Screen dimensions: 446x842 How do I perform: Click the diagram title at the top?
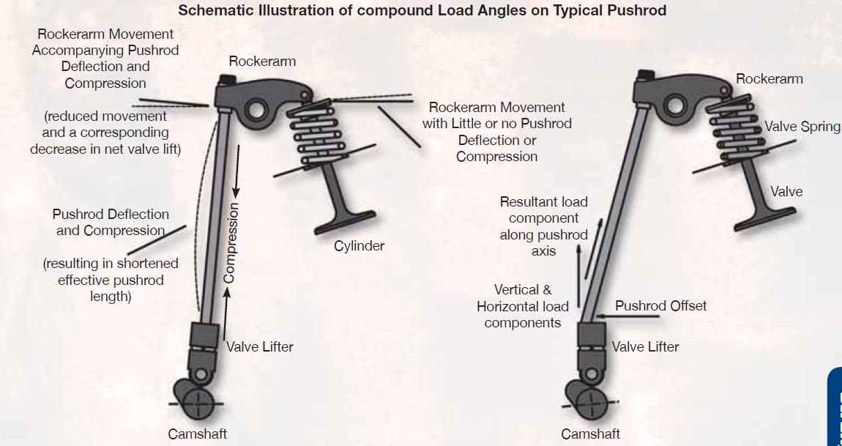coord(422,10)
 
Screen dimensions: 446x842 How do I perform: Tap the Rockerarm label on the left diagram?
coord(262,62)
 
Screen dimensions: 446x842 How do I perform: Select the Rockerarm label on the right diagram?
coord(769,78)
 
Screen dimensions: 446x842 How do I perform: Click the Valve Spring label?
coord(802,127)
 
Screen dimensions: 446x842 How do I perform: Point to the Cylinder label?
coord(359,246)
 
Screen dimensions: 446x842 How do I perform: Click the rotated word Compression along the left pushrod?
coord(229,242)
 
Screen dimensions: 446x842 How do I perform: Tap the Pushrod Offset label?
coord(660,306)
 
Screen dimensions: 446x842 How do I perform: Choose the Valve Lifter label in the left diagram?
coord(259,346)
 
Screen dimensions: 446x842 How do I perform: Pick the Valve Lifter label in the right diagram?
coord(645,346)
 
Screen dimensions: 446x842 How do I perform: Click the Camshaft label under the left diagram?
coord(197,434)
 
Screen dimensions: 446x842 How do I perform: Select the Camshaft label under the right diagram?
coord(590,434)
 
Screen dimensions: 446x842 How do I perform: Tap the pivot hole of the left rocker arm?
coord(256,111)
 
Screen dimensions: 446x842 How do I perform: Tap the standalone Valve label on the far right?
coord(786,192)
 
